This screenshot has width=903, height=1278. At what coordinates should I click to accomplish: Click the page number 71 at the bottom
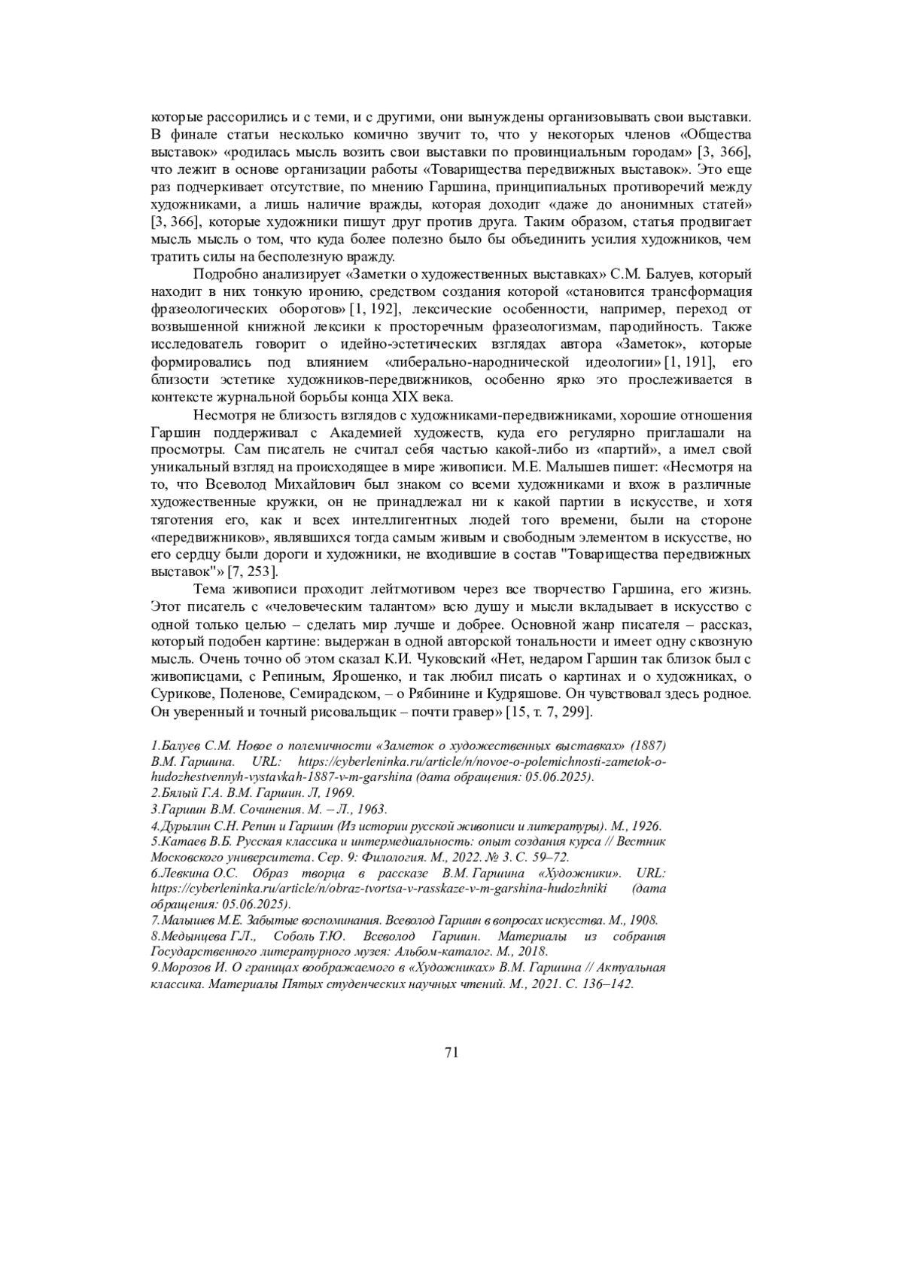point(451,1052)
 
